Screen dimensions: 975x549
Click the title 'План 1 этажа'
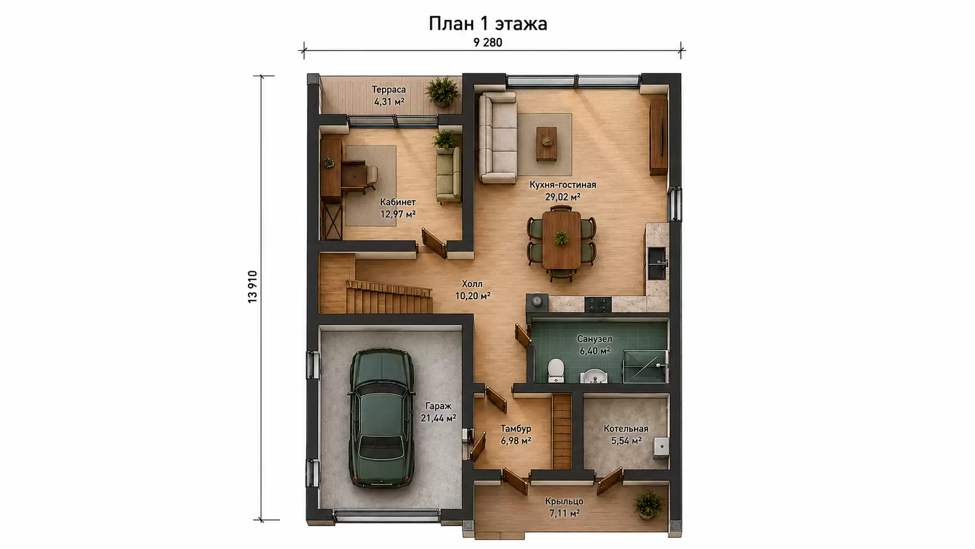487,24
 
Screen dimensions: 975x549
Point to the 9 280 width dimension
487,42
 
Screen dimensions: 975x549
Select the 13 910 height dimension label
252,286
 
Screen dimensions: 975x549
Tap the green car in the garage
381,418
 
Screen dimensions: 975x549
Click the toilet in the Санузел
556,370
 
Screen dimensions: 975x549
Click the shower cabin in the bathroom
646,366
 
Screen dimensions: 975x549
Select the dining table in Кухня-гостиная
562,240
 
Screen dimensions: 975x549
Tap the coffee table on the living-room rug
546,144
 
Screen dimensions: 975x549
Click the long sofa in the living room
498,138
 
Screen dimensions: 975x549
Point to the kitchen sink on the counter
657,263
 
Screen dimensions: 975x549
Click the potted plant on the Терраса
443,92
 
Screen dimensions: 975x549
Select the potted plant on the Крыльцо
648,505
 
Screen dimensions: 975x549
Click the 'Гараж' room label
439,406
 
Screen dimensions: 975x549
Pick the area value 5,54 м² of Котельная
626,441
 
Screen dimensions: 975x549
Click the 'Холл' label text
472,284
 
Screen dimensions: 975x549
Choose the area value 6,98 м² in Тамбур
516,441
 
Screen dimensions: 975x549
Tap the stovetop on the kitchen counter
598,305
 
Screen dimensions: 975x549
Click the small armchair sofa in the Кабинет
448,175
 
